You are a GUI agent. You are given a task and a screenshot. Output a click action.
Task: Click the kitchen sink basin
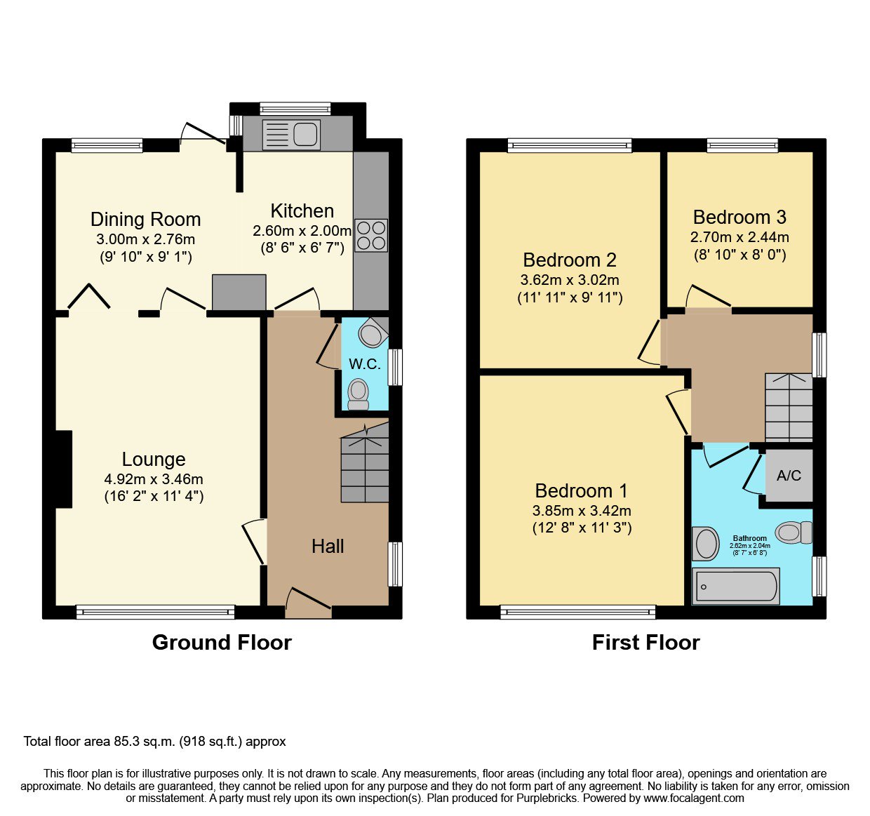(x=305, y=134)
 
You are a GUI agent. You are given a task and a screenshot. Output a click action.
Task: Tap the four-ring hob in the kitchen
(x=371, y=235)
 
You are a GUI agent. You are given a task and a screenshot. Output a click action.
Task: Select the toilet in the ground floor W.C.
(x=359, y=394)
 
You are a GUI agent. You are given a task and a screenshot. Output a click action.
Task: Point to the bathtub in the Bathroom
(x=735, y=587)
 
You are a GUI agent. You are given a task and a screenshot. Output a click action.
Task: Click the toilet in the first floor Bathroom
(x=794, y=533)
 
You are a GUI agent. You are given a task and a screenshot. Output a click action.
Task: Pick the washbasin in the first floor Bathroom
(x=706, y=544)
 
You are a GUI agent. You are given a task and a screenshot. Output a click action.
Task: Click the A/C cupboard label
(x=789, y=476)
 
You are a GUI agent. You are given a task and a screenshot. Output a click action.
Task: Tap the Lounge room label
(x=154, y=460)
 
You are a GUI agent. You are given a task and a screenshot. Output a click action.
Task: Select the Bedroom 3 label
(x=739, y=218)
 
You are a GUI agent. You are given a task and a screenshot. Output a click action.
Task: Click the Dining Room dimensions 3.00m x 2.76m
(x=146, y=240)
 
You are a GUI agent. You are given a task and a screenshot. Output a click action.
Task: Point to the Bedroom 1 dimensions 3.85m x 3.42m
(x=582, y=511)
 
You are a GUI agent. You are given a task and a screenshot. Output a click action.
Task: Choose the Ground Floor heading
(x=222, y=643)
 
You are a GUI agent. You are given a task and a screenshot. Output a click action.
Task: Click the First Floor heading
(x=646, y=643)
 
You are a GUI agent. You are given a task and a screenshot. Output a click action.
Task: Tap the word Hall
(x=328, y=547)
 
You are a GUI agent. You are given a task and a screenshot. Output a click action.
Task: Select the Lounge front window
(x=156, y=612)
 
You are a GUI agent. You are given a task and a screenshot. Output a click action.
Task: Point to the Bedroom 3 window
(x=742, y=145)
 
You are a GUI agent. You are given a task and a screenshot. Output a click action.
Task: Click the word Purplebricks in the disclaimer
(x=547, y=798)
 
